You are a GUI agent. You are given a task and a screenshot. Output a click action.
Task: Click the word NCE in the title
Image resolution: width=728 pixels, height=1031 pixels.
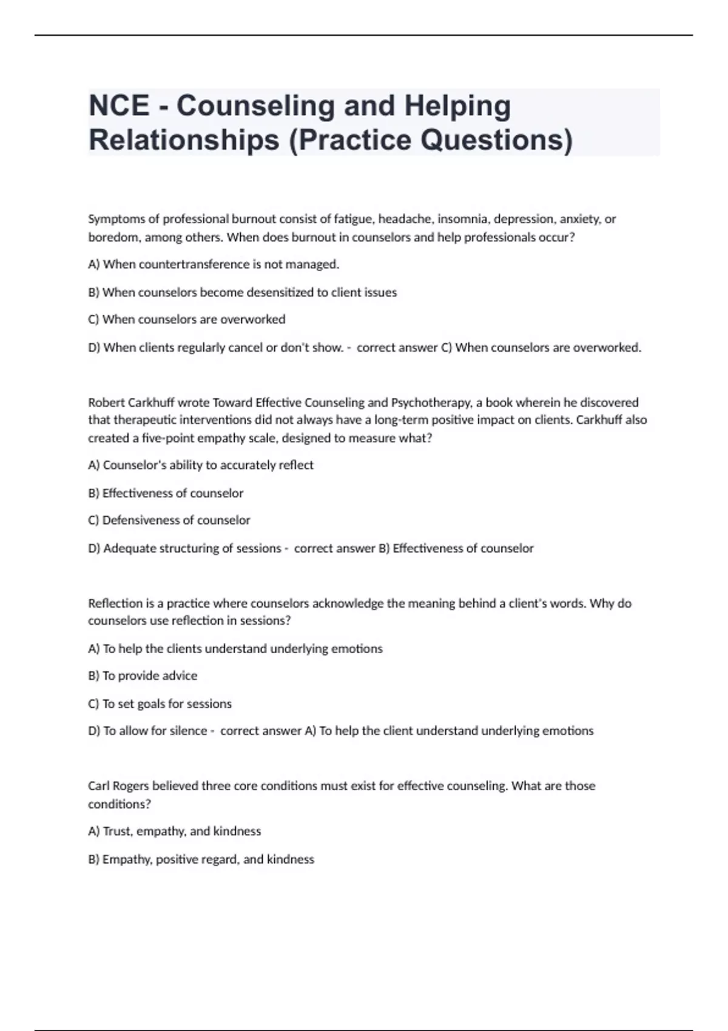(119, 106)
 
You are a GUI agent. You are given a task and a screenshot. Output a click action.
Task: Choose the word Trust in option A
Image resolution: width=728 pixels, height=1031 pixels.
(117, 831)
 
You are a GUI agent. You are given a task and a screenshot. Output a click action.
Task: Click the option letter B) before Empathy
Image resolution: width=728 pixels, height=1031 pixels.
(93, 859)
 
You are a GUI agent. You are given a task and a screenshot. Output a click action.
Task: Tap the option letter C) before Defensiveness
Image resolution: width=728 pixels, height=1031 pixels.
(93, 520)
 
